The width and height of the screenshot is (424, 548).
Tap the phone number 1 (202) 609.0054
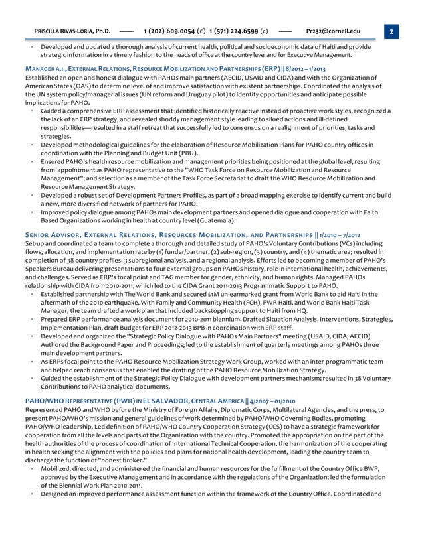pos(169,31)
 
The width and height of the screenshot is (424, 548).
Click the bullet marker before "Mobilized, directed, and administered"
pos(32,470)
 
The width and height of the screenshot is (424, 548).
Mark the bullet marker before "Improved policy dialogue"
pos(32,212)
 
